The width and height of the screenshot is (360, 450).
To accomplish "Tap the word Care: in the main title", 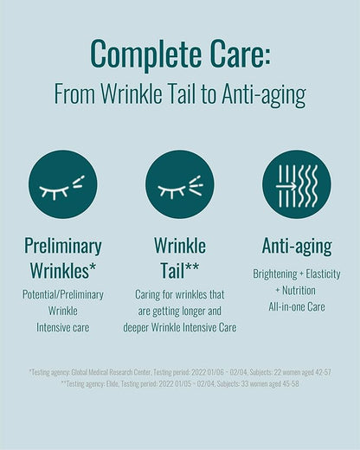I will click(x=233, y=53).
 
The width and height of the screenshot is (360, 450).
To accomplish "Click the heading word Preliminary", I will click(x=62, y=246).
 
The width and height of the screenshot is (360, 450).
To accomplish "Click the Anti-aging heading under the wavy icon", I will click(x=297, y=246).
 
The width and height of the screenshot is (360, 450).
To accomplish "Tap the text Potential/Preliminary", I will click(x=62, y=295).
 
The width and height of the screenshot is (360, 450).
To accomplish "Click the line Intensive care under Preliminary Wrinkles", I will click(x=62, y=328).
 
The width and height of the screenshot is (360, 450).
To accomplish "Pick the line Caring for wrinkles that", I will click(x=179, y=295).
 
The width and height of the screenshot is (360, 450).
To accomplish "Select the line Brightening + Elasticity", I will click(x=297, y=273).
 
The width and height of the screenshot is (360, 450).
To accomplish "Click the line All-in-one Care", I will click(x=297, y=306).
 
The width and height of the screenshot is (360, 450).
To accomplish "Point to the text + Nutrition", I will click(x=297, y=290).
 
